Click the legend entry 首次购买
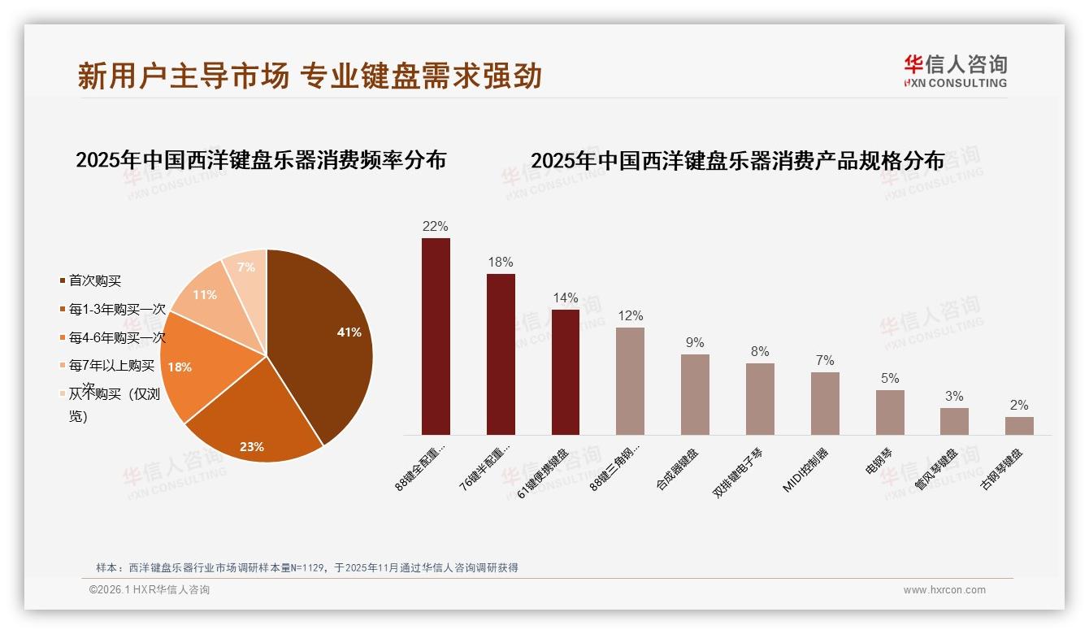pyautogui.click(x=94, y=280)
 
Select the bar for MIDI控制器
pyautogui.click(x=825, y=403)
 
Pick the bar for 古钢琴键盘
pyautogui.click(x=1019, y=426)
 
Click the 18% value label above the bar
pyautogui.click(x=501, y=262)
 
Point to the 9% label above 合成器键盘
pyautogui.click(x=695, y=342)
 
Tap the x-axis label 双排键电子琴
pyautogui.click(x=738, y=472)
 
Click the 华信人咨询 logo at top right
pyautogui.click(x=955, y=71)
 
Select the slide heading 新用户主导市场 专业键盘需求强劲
pyautogui.click(x=310, y=76)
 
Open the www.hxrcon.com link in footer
pyautogui.click(x=944, y=590)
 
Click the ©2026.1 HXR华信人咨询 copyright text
pyautogui.click(x=150, y=590)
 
